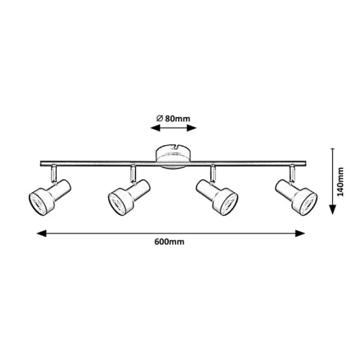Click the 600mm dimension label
click(169, 242)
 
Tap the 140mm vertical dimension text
click(341, 182)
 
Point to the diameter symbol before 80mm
click(159, 119)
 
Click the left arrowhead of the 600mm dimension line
click(41, 233)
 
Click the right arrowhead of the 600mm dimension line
click(300, 233)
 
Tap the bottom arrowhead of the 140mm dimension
click(332, 209)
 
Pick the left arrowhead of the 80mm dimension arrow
click(155, 128)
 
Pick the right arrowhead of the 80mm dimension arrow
click(191, 128)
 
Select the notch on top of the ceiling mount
click(176, 146)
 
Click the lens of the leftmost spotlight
click(38, 202)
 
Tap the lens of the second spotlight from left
click(117, 202)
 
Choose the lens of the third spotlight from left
click(229, 202)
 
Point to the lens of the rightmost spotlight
click(308, 202)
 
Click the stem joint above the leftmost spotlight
click(54, 173)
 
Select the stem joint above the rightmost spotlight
click(292, 173)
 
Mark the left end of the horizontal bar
click(41, 164)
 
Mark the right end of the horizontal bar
click(306, 164)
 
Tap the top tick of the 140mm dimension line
click(332, 149)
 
